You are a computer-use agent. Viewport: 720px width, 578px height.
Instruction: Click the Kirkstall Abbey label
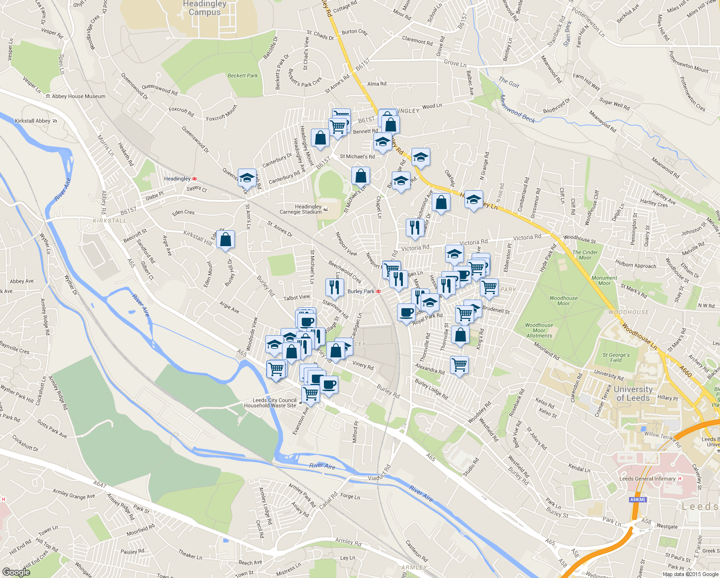[33, 121]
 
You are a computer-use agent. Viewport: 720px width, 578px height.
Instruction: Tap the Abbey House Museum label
[78, 96]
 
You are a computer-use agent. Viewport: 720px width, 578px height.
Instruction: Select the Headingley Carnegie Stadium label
[301, 209]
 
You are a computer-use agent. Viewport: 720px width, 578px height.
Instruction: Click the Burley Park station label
[361, 291]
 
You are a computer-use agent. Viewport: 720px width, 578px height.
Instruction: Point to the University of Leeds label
[633, 394]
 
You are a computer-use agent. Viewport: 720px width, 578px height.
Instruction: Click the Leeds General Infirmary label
[647, 479]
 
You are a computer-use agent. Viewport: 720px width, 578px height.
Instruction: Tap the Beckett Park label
[243, 76]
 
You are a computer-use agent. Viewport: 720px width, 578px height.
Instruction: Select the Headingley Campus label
[205, 8]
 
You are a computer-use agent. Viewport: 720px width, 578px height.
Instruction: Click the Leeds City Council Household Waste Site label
[274, 403]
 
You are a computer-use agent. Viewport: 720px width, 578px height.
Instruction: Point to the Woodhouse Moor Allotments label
[539, 330]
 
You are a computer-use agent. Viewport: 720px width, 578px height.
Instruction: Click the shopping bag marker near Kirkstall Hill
[225, 240]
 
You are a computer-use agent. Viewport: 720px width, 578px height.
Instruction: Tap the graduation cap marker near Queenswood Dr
[247, 178]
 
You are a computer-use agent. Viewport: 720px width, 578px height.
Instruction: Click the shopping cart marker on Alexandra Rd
[460, 365]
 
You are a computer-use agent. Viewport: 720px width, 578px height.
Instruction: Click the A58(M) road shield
[638, 499]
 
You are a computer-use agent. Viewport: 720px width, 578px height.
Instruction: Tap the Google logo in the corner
[16, 572]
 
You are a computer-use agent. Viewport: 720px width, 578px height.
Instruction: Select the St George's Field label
[616, 357]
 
